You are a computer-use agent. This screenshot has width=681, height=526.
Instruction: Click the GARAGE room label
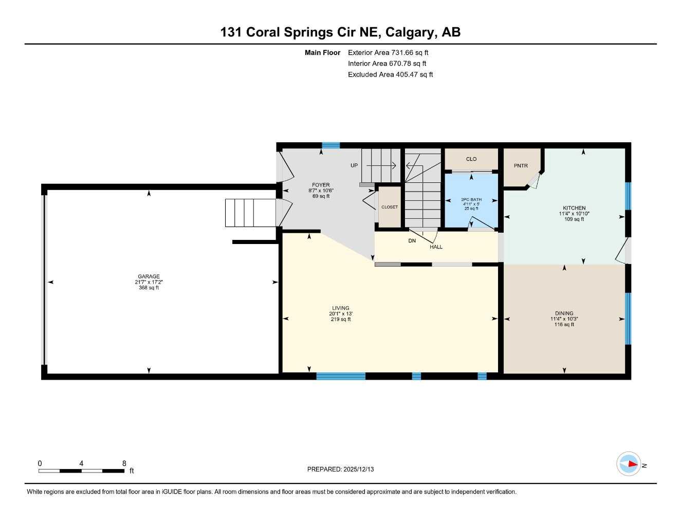pyautogui.click(x=149, y=276)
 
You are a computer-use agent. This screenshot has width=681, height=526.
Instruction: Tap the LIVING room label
pyautogui.click(x=340, y=308)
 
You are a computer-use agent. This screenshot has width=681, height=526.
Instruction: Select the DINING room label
pyautogui.click(x=564, y=313)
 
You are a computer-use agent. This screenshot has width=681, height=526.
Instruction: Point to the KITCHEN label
pyautogui.click(x=574, y=208)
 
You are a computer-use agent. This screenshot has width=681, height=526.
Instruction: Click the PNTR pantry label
pyautogui.click(x=521, y=165)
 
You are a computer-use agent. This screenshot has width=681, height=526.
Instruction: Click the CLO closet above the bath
pyautogui.click(x=471, y=159)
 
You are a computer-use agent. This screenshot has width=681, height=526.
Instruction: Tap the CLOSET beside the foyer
pyautogui.click(x=389, y=207)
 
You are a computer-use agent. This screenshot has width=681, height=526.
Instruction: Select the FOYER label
pyautogui.click(x=321, y=185)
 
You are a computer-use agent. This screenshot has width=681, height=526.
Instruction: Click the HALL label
pyautogui.click(x=436, y=247)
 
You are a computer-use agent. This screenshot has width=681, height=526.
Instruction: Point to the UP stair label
pyautogui.click(x=354, y=165)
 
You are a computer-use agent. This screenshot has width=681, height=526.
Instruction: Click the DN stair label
pyautogui.click(x=412, y=241)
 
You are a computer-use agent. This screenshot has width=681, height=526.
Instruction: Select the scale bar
pyautogui.click(x=81, y=471)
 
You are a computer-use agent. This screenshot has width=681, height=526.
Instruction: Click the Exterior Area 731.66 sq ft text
pyautogui.click(x=388, y=52)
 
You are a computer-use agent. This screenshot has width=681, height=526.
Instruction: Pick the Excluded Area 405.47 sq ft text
pyautogui.click(x=390, y=74)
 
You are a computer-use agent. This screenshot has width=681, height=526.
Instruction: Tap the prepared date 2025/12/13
pyautogui.click(x=340, y=469)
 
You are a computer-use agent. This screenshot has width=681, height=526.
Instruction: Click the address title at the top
pyautogui.click(x=340, y=32)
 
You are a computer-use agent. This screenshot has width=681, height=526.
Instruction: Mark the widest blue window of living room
pyautogui.click(x=341, y=376)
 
